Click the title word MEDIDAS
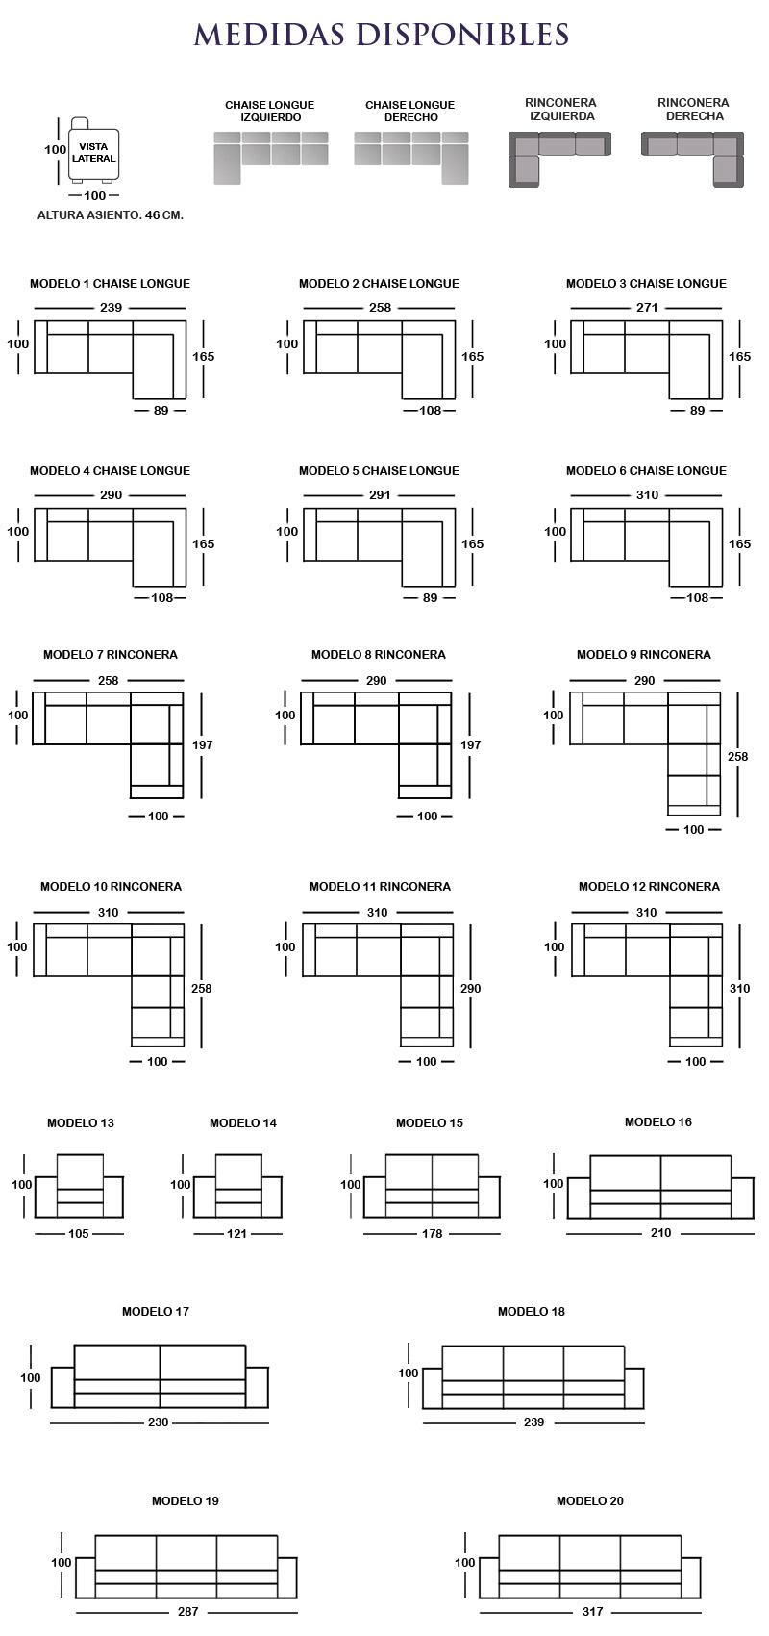pyautogui.click(x=269, y=35)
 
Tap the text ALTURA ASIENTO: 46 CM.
pyautogui.click(x=111, y=215)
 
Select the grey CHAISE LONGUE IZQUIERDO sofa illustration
pyautogui.click(x=271, y=157)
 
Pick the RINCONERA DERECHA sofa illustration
pyautogui.click(x=692, y=160)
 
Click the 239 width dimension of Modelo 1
pyautogui.click(x=111, y=308)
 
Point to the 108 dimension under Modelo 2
pyautogui.click(x=430, y=411)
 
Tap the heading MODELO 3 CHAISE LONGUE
pyautogui.click(x=646, y=284)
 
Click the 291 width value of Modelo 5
pyautogui.click(x=380, y=495)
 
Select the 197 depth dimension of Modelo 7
pyautogui.click(x=202, y=745)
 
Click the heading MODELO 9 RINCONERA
pyautogui.click(x=643, y=654)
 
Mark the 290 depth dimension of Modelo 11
pyautogui.click(x=470, y=988)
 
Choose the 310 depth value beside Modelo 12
pyautogui.click(x=740, y=988)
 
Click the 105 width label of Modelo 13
pyautogui.click(x=78, y=1234)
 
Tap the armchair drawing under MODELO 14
pyautogui.click(x=238, y=1185)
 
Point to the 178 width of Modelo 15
pyautogui.click(x=433, y=1234)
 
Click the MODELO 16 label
pyautogui.click(x=658, y=1121)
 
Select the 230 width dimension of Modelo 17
pyautogui.click(x=159, y=1422)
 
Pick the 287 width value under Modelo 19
pyautogui.click(x=187, y=1611)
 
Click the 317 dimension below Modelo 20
pyautogui.click(x=592, y=1611)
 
